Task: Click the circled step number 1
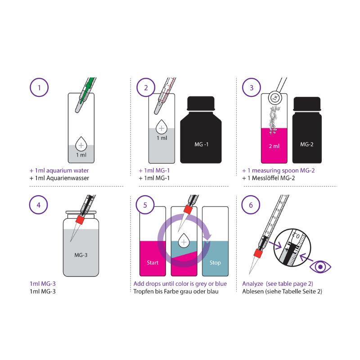click(39, 87)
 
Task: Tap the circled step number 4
click(39, 205)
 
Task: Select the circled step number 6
click(251, 205)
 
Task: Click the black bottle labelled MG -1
click(201, 130)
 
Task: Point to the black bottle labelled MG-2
click(307, 130)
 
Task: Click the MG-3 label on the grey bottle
click(81, 255)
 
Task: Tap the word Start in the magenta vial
click(153, 263)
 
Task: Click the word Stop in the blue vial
click(215, 263)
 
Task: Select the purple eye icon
click(320, 267)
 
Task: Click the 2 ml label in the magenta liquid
click(274, 146)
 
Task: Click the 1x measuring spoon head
click(275, 98)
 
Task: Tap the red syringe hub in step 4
click(81, 220)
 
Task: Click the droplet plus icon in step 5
click(184, 241)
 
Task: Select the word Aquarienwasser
click(68, 178)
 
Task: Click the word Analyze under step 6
click(252, 284)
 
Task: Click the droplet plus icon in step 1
click(81, 144)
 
